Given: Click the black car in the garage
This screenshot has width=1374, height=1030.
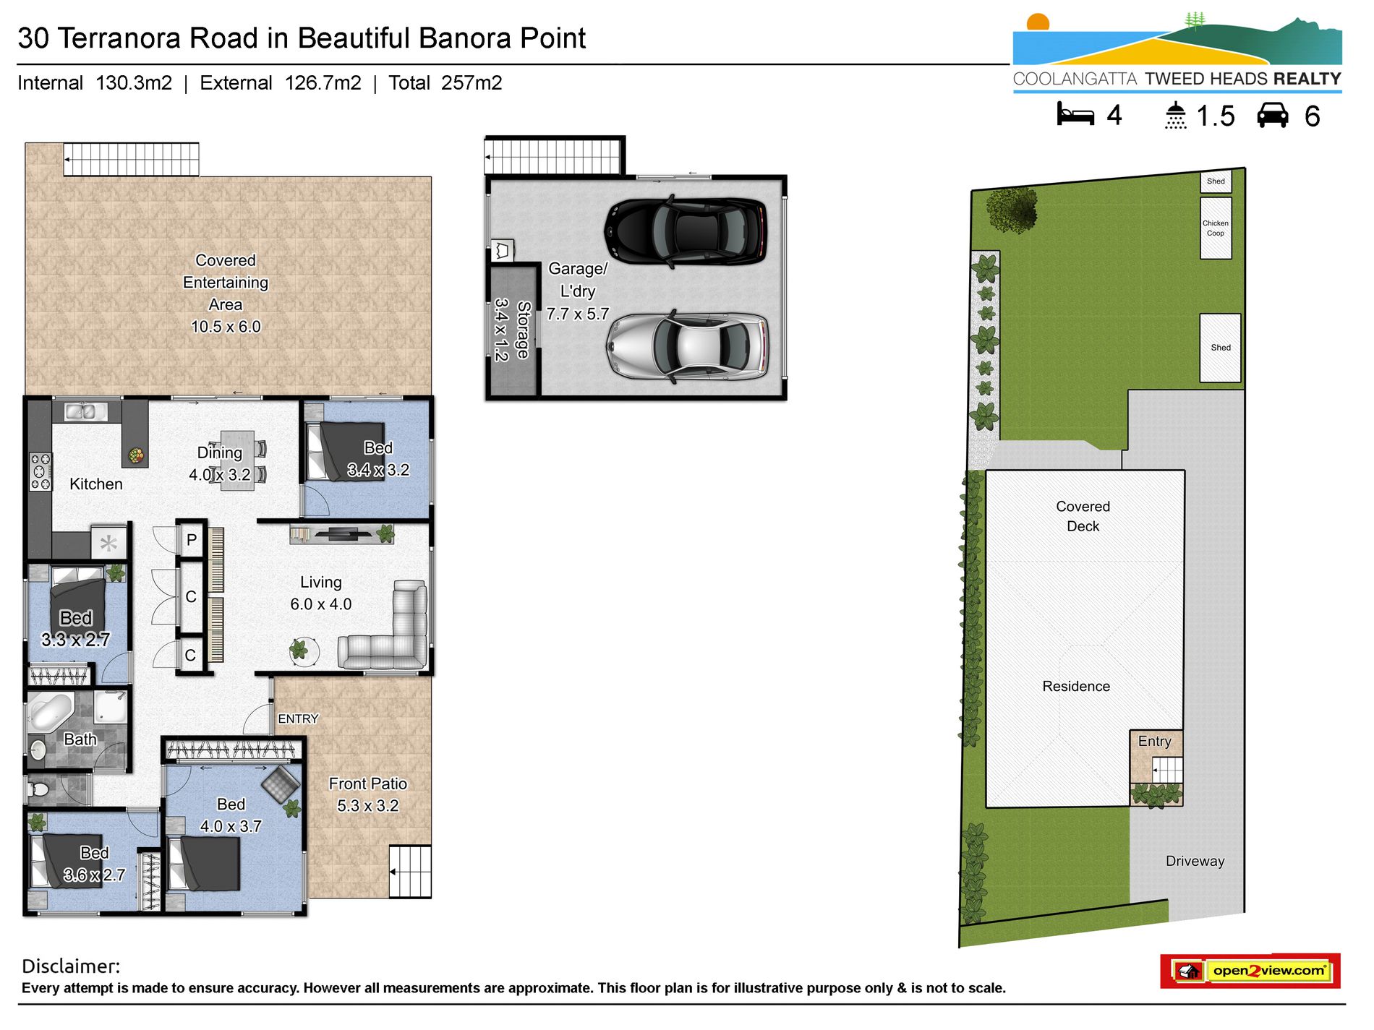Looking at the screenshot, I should (x=686, y=231).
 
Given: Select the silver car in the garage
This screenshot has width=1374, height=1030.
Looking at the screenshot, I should (x=687, y=347).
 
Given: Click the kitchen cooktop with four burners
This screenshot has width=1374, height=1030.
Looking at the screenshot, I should (x=40, y=472).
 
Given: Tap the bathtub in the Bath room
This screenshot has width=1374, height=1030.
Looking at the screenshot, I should (x=50, y=712).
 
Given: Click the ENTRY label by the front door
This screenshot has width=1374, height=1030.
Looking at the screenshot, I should (x=298, y=719).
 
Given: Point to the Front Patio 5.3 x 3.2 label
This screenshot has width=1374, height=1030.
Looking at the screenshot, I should (x=367, y=795).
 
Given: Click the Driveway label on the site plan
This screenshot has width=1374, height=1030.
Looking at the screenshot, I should (x=1195, y=862).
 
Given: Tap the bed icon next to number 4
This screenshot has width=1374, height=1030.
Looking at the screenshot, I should (x=1075, y=116).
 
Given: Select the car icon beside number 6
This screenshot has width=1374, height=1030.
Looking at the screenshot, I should (x=1273, y=116).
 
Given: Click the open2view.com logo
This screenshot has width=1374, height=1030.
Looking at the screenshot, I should (x=1250, y=971).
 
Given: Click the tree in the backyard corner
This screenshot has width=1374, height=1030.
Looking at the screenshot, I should (x=1012, y=210).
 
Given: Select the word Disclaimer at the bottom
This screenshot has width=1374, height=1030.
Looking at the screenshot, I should (x=71, y=966).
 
